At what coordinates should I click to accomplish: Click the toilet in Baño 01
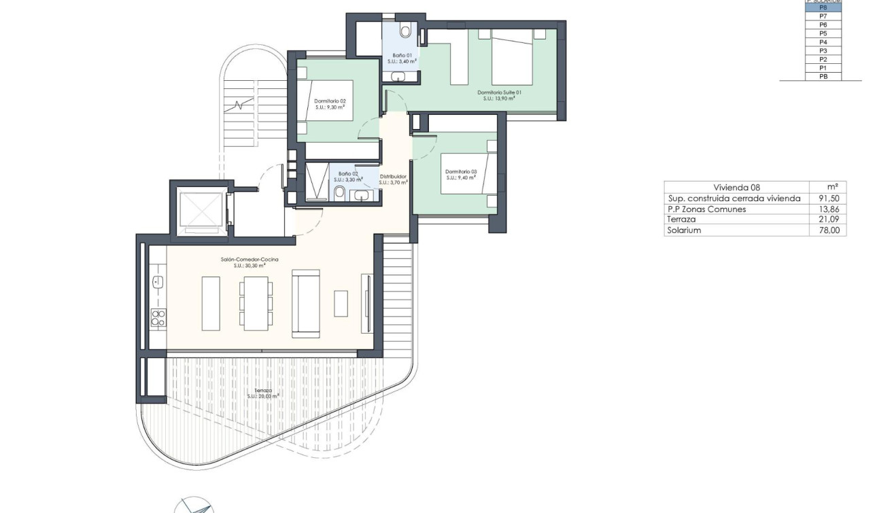(406, 31)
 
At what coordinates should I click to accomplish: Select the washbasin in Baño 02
(361, 196)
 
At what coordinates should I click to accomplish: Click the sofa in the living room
(305, 303)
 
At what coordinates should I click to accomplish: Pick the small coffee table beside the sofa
(341, 303)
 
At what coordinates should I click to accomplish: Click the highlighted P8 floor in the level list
(823, 7)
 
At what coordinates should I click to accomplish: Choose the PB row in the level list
(823, 77)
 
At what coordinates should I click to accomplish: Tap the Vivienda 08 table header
(736, 188)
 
